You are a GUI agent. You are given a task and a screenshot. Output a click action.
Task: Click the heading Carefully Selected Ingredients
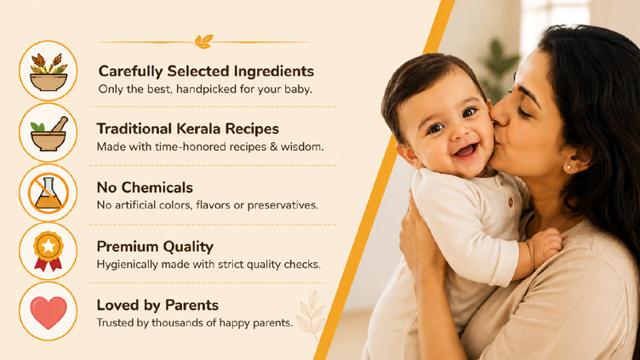point(206,71)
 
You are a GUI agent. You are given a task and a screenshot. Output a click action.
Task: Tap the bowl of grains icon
point(49,71)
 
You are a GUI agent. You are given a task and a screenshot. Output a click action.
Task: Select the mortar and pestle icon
point(49,133)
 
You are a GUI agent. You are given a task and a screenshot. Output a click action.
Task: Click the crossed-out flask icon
point(49,192)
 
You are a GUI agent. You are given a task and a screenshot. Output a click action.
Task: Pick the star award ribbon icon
point(49,251)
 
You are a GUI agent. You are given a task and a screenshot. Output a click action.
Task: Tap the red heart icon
point(49,311)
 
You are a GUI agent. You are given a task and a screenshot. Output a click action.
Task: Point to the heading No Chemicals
point(145,188)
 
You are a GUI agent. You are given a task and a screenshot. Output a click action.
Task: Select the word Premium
point(126,247)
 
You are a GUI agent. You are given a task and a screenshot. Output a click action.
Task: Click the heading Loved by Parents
point(157,306)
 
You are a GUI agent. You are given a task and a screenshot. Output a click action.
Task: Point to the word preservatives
point(283,205)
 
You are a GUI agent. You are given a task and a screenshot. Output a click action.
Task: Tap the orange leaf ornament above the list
point(203,41)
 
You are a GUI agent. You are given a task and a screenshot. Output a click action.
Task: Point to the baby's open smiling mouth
point(466,151)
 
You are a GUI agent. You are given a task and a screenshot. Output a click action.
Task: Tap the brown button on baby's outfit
point(510,202)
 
